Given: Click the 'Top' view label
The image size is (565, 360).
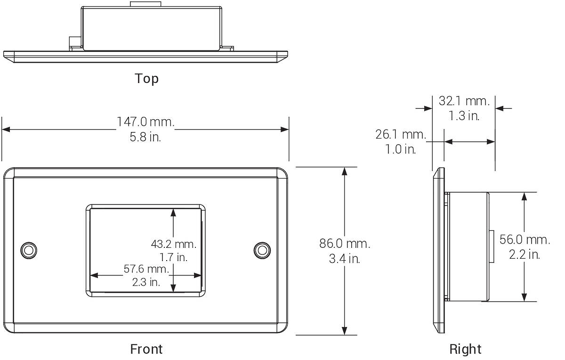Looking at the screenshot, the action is (146, 79).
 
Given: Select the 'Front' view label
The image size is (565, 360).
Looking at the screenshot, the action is (146, 349).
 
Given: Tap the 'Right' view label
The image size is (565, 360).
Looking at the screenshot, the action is (465, 349).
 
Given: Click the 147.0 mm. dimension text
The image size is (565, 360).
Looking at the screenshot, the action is (145, 122).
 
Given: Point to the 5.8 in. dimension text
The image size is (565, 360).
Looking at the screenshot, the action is (145, 137).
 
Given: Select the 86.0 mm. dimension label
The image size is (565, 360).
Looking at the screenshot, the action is (345, 244).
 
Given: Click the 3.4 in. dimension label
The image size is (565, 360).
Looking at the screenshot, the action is (345, 259).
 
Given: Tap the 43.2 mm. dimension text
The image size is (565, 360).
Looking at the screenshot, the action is (174, 244).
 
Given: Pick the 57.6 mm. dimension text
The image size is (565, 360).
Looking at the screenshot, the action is (146, 269).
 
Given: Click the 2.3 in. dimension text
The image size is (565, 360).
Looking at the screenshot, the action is (146, 282).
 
